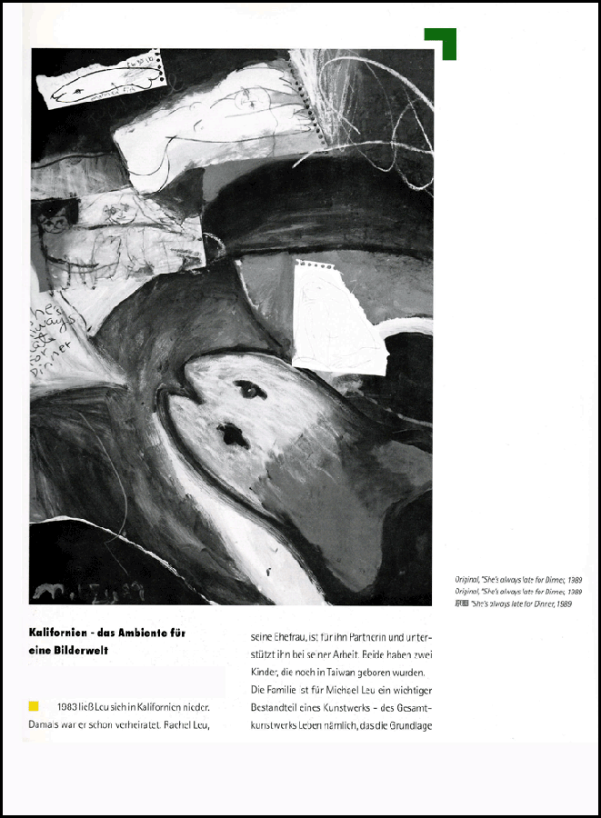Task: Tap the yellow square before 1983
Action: (x=35, y=705)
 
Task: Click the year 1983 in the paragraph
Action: (x=66, y=706)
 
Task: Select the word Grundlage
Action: (x=404, y=724)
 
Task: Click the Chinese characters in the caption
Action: (x=461, y=604)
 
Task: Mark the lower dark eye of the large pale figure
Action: (x=234, y=435)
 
